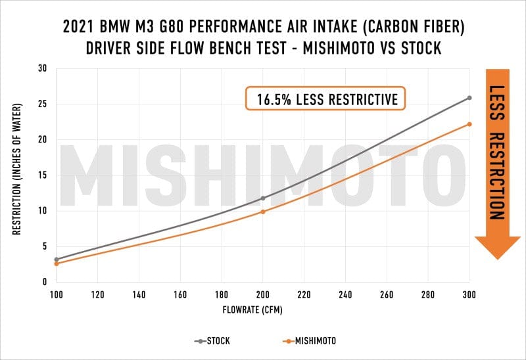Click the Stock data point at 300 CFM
(x=469, y=98)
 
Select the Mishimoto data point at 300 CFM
(x=469, y=124)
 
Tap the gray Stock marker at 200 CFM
(x=263, y=198)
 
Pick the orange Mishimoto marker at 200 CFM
(x=263, y=212)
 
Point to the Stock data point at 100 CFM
(x=57, y=259)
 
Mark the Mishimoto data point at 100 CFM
(x=57, y=263)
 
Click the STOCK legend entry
(x=217, y=341)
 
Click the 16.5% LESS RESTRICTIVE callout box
(x=325, y=99)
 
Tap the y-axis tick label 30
(x=43, y=68)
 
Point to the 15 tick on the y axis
(x=43, y=175)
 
